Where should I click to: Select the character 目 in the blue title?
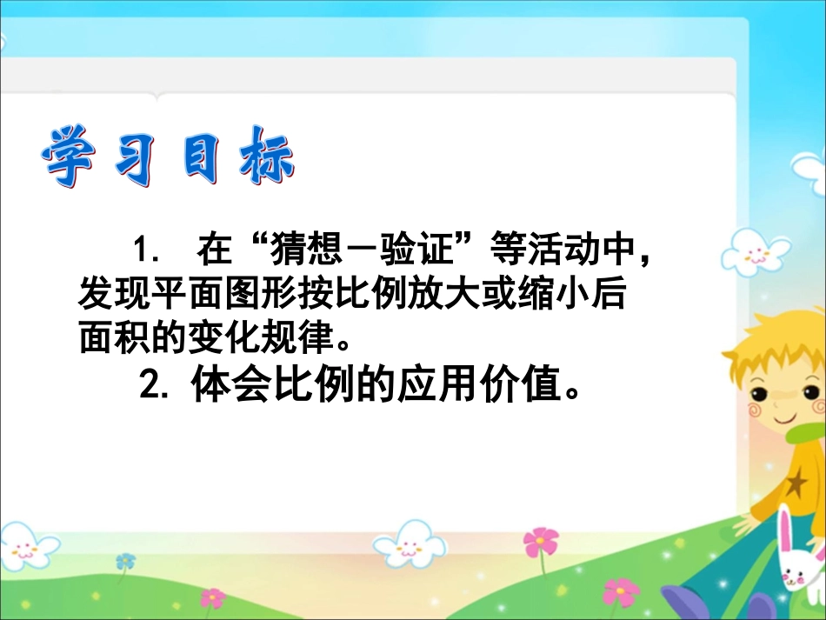[201, 157]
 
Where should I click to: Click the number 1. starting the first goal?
[145, 251]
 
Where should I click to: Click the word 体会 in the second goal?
[218, 386]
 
